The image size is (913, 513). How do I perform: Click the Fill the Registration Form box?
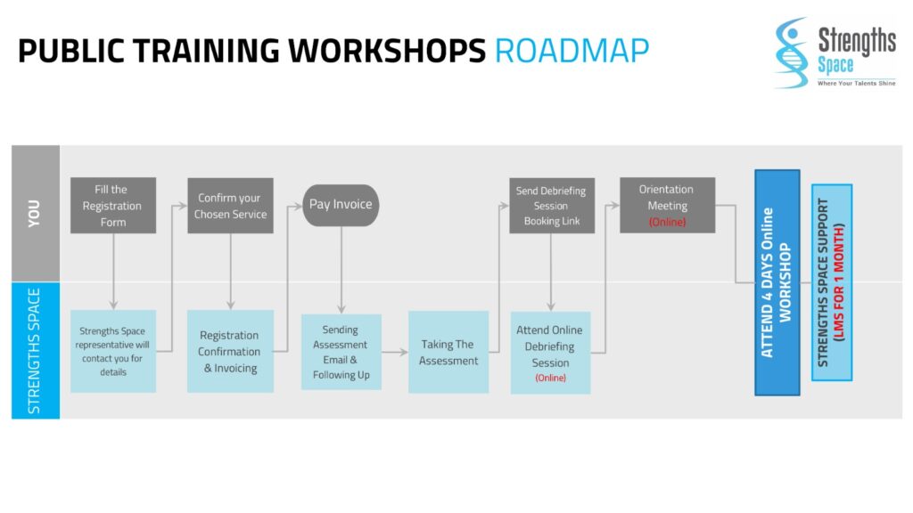113,206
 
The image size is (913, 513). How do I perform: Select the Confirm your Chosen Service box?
230,206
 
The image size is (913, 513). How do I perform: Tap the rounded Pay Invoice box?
341,205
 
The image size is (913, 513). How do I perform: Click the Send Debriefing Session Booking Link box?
551,206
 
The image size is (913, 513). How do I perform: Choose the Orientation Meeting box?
667,206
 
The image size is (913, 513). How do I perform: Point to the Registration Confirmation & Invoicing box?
230,351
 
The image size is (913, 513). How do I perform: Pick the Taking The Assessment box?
448,352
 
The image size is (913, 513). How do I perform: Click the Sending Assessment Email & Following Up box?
341,352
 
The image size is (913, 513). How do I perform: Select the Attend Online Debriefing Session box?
550,352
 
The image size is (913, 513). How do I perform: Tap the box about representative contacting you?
113,351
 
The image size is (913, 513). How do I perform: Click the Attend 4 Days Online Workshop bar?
777,282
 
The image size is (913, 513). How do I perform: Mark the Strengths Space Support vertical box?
831,282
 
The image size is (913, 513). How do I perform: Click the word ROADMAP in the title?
572,51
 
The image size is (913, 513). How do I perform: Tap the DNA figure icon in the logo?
791,51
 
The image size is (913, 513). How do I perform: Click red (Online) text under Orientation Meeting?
667,222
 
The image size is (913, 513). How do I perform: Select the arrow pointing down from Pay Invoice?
341,267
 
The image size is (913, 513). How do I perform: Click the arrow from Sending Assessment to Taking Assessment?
395,352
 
